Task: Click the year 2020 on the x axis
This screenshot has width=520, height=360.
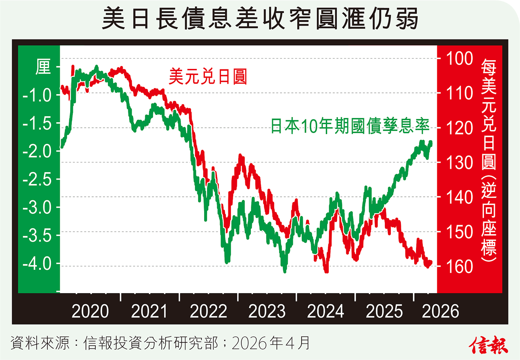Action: (x=90, y=311)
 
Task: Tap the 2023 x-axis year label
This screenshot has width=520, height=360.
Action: (x=266, y=311)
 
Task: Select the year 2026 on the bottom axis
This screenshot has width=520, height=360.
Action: (x=440, y=311)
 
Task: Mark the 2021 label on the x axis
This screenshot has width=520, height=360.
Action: (x=149, y=311)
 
